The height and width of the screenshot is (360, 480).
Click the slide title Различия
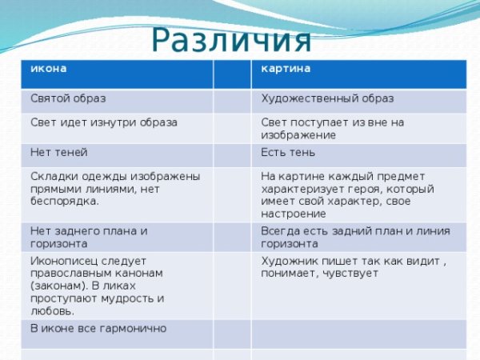tap(230, 40)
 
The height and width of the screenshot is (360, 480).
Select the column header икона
tap(48, 69)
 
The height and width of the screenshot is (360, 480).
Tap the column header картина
tap(286, 69)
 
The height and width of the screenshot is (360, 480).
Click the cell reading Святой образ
tap(68, 99)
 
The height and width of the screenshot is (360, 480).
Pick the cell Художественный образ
tap(326, 99)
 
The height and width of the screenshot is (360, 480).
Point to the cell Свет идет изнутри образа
tap(103, 123)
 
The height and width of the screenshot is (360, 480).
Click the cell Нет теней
tap(58, 152)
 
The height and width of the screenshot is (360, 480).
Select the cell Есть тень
tap(288, 152)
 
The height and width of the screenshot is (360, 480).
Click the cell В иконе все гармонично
tap(98, 328)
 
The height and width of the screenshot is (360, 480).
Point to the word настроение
tap(294, 214)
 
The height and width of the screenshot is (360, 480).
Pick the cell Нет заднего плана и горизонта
tap(88, 237)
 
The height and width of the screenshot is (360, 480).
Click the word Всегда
tap(281, 231)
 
